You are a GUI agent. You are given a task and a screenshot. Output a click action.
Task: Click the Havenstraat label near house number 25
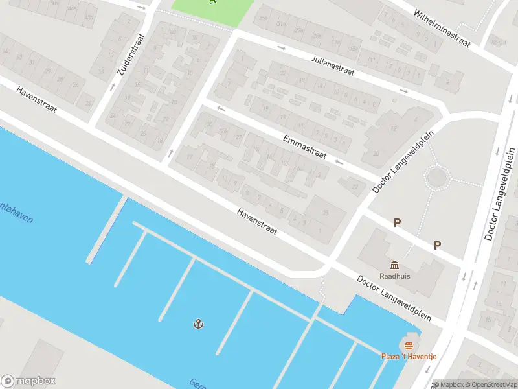tap(38, 99)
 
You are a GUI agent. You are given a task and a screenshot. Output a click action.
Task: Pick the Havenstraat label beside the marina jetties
tap(257, 222)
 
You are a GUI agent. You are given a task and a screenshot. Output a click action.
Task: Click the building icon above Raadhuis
tap(395, 265)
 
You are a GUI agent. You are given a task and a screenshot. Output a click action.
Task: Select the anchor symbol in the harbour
tap(198, 323)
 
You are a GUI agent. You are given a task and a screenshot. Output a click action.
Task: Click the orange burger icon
tap(408, 345)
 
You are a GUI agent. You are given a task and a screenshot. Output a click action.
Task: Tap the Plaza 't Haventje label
tap(408, 357)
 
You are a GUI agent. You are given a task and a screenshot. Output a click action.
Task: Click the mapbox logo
tap(28, 381)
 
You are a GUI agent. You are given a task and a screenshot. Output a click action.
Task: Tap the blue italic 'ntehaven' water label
tap(16, 213)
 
